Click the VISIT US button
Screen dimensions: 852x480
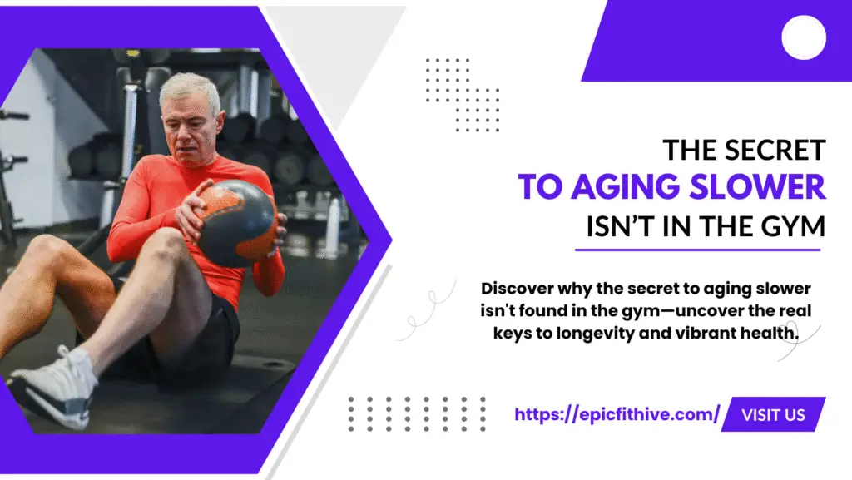(773, 415)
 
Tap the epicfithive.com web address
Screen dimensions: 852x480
(617, 414)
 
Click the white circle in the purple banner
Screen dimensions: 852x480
(804, 37)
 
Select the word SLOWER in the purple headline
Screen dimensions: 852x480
(758, 186)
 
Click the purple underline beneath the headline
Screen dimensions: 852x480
(698, 250)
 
